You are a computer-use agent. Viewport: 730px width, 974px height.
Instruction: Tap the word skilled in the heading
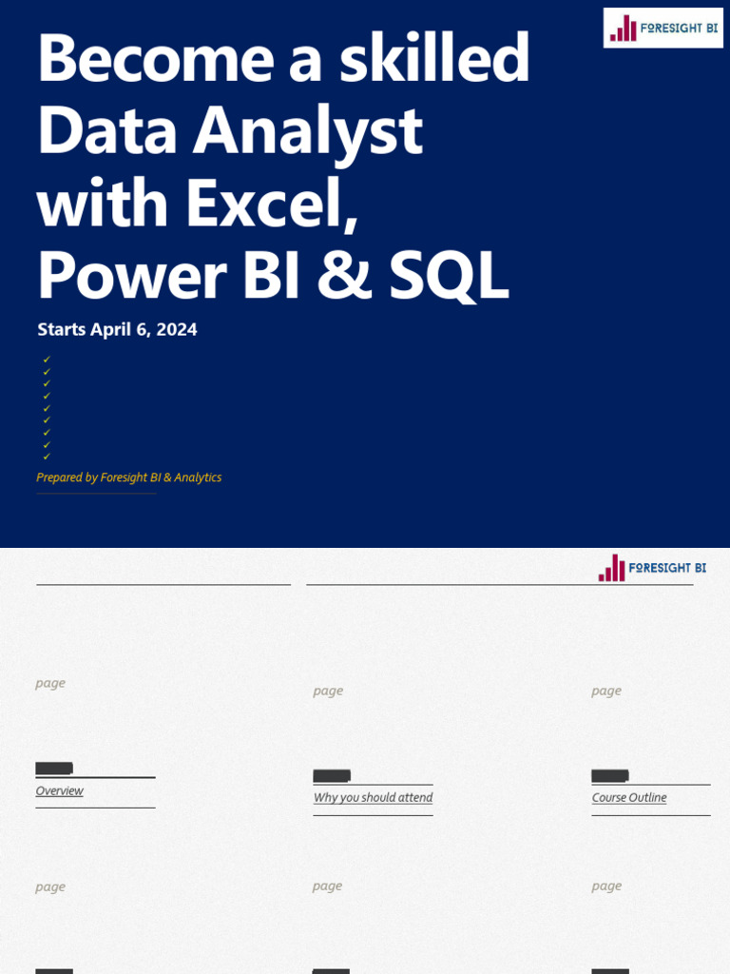(450, 59)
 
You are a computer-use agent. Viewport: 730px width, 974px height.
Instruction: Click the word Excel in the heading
(272, 204)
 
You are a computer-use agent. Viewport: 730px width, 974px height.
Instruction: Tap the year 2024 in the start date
(178, 330)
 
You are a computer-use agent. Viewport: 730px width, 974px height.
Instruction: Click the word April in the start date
(112, 330)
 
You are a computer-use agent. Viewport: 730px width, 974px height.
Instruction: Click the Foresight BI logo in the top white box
(663, 29)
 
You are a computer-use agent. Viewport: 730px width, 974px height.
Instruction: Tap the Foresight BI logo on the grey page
(652, 568)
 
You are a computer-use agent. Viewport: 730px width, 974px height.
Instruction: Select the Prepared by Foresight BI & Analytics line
(128, 477)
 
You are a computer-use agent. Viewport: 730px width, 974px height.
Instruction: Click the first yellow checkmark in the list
(47, 359)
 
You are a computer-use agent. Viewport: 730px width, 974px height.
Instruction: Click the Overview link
(59, 791)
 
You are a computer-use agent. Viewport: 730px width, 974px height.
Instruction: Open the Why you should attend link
(373, 798)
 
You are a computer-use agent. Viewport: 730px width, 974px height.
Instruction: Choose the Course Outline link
(628, 798)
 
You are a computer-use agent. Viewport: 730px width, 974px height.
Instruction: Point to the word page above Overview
(50, 683)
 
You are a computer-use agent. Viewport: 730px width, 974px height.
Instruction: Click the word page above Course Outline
(606, 691)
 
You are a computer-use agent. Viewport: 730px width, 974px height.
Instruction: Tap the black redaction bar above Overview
(54, 769)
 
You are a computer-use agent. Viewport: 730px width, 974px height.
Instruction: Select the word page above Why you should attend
(328, 691)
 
